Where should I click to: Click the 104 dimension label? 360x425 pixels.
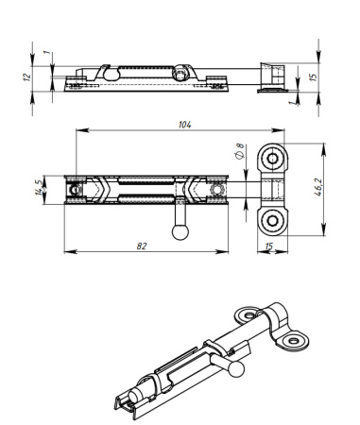[185, 125]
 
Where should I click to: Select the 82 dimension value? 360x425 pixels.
[142, 246]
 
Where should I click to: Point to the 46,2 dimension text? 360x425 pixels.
[318, 187]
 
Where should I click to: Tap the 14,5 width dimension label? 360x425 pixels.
[39, 188]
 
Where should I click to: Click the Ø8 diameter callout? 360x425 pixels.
[240, 151]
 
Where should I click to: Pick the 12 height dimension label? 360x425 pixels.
[27, 76]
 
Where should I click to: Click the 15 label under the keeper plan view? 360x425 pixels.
[269, 246]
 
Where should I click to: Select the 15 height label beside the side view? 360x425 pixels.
[313, 77]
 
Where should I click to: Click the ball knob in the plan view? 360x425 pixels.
[180, 232]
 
